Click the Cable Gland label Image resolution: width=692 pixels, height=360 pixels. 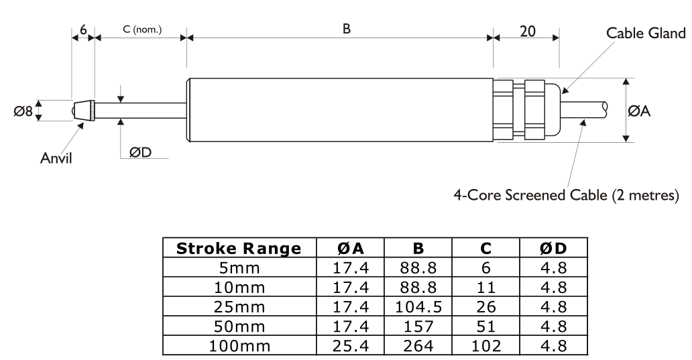[x=646, y=33]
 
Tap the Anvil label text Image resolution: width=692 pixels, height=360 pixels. [x=56, y=158]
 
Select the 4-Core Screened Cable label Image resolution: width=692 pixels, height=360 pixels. [x=566, y=194]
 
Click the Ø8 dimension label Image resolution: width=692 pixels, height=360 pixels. [x=23, y=111]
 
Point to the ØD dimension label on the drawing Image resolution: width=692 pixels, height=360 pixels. [x=140, y=152]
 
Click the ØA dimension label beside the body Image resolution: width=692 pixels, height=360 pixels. [x=639, y=111]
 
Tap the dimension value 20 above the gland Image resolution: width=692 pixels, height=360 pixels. [x=528, y=32]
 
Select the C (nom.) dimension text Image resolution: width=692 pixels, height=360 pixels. [x=142, y=29]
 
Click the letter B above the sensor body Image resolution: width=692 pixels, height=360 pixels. [x=347, y=29]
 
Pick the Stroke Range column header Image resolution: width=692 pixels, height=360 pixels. [x=239, y=249]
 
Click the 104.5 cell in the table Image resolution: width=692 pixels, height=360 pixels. [x=418, y=306]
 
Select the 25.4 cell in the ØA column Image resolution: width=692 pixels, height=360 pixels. [x=351, y=345]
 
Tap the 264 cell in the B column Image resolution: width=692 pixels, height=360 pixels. [x=418, y=345]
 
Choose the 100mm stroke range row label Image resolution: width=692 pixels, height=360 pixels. [x=239, y=345]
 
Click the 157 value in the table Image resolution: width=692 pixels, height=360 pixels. [x=418, y=326]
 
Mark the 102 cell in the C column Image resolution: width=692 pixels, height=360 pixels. [x=486, y=345]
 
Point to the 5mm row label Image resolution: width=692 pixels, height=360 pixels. [x=239, y=267]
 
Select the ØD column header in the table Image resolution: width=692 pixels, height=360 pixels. [x=553, y=249]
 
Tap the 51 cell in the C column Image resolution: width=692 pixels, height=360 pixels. [x=486, y=326]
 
